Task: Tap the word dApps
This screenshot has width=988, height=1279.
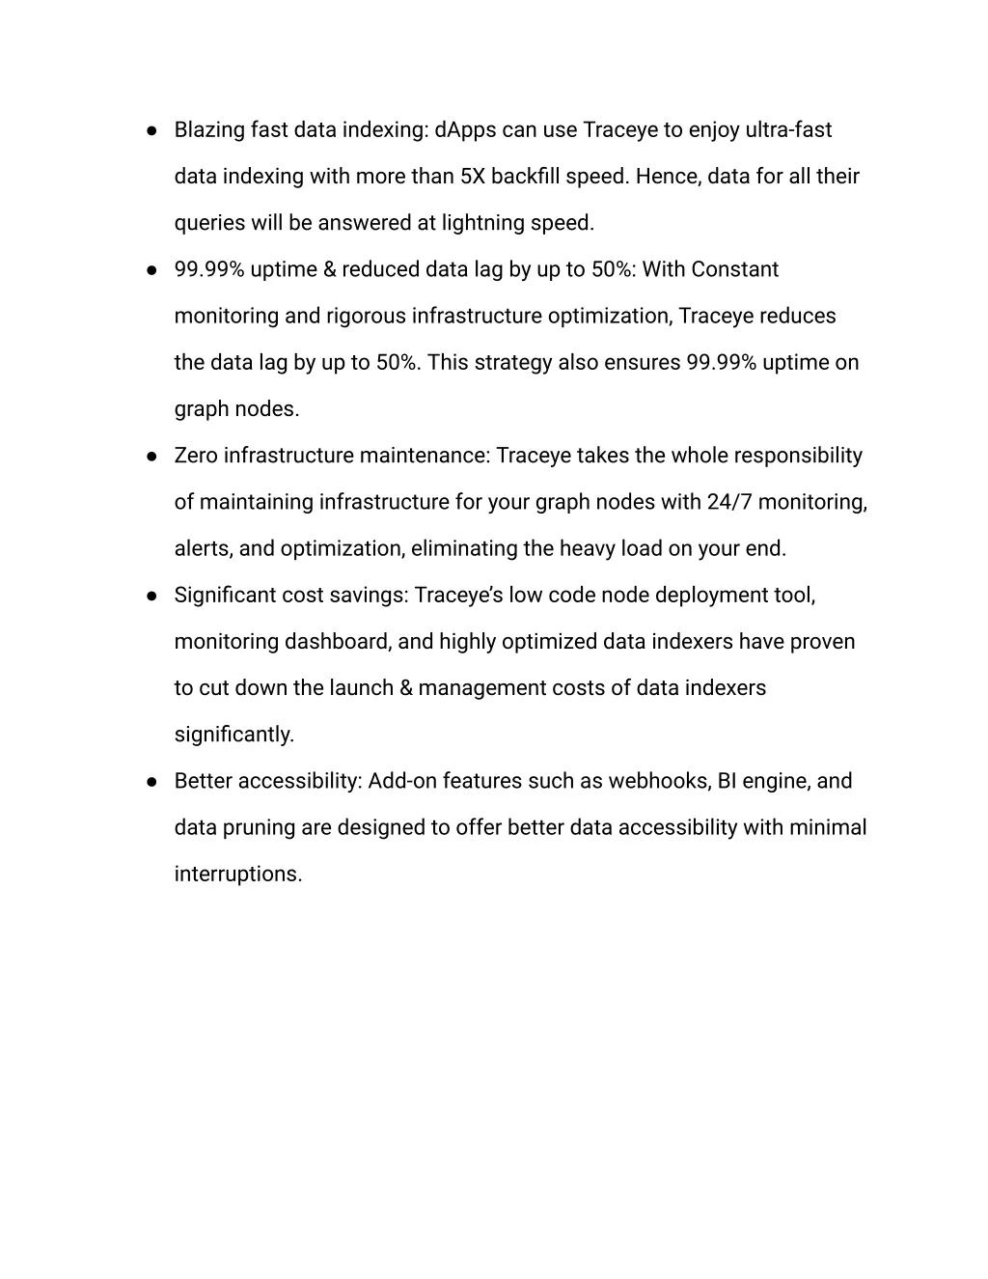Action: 465,130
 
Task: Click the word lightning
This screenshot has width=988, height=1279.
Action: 482,223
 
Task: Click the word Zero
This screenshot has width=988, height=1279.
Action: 196,456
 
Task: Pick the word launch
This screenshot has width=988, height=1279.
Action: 360,688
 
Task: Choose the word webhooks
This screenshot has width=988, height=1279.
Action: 659,781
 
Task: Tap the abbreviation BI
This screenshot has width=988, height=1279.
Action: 727,781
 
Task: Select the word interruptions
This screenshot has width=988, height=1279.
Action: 237,875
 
